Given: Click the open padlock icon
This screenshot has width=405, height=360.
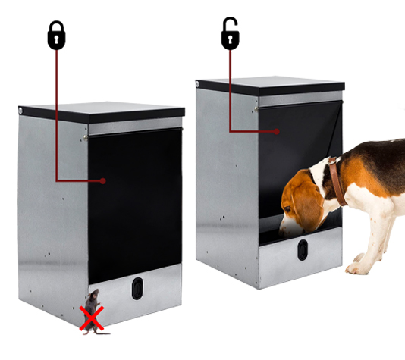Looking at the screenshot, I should click(230, 35).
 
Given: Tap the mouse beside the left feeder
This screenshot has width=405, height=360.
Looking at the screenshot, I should click(92, 302).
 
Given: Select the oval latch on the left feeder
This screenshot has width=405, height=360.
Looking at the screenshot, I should click(137, 288).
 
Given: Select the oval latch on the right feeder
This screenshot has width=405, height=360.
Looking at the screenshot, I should click(303, 250).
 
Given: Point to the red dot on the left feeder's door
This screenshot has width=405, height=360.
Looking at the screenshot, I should click(103, 180).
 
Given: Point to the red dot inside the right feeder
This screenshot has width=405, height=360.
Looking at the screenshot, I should click(278, 131).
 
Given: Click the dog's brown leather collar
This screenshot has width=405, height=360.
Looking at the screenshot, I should click(335, 182).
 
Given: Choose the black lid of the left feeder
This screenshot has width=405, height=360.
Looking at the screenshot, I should click(102, 113).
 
